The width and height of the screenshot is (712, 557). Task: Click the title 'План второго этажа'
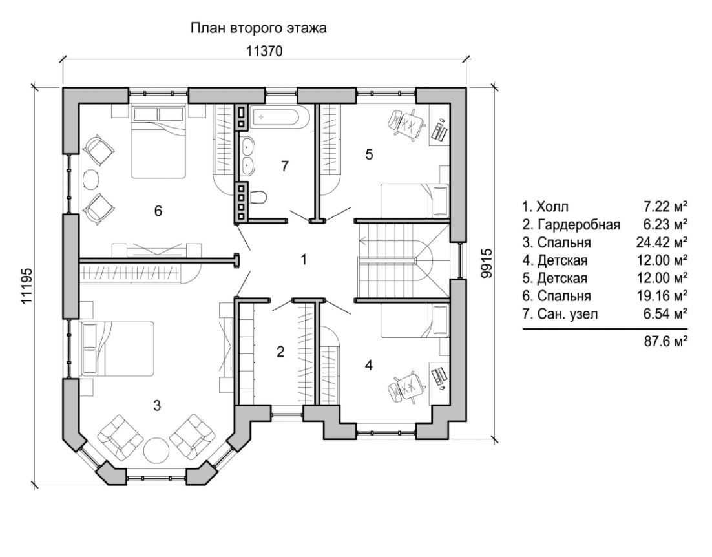[258, 28]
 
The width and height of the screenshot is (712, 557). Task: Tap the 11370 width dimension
[264, 51]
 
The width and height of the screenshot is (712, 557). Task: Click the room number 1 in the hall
[304, 260]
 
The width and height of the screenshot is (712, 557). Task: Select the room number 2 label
[280, 352]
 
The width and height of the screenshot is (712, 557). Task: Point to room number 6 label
[158, 211]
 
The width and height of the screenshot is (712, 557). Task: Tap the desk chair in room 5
[406, 124]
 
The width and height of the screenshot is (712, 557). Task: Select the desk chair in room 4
[406, 385]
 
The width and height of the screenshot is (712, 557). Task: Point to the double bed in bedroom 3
[117, 349]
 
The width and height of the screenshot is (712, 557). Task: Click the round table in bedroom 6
[91, 179]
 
